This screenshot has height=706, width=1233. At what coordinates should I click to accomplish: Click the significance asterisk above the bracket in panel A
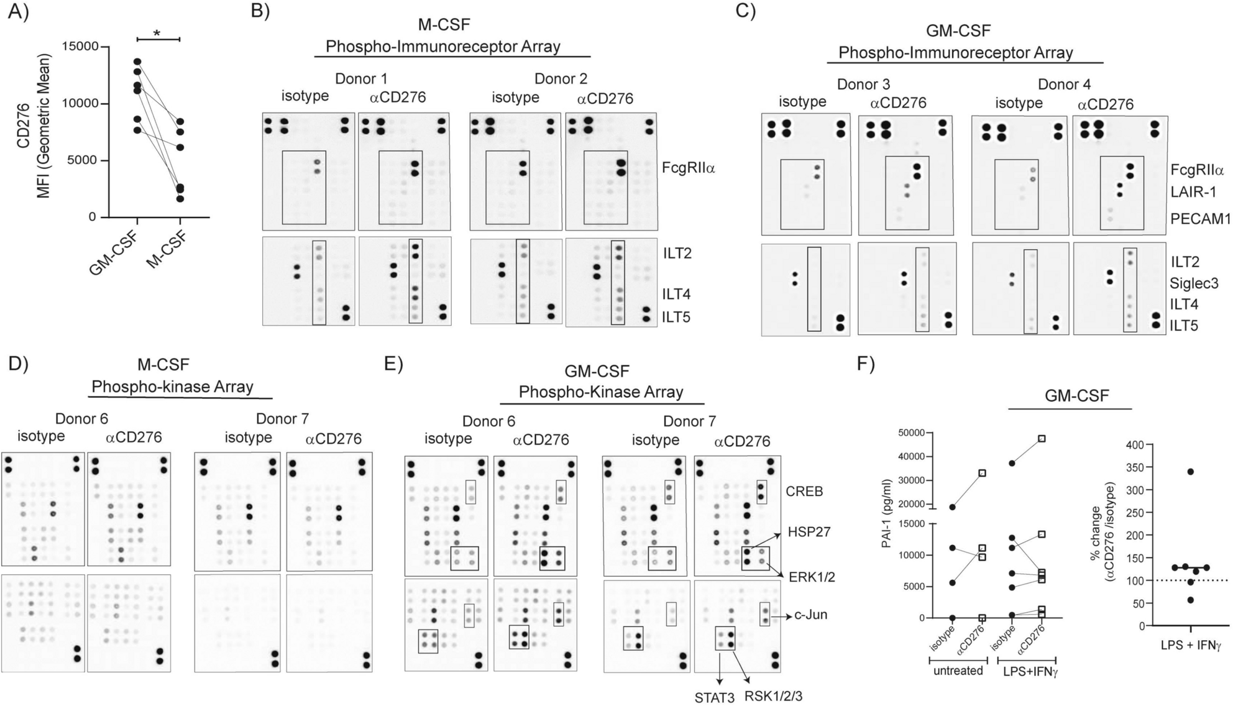click(157, 32)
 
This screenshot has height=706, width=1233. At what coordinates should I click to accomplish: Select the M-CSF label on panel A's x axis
click(167, 250)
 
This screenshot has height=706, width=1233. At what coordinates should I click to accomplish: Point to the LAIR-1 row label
click(1193, 192)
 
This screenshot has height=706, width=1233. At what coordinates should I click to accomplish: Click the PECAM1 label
click(1200, 219)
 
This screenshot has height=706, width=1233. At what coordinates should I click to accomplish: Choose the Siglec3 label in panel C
click(1194, 283)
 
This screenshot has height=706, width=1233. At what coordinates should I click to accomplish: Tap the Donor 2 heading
click(561, 79)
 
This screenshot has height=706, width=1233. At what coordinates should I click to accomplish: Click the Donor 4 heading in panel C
click(1064, 84)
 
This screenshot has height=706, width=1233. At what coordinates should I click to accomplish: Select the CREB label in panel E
click(805, 491)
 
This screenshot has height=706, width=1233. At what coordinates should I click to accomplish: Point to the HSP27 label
click(809, 532)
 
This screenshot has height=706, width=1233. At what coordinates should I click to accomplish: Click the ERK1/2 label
click(812, 577)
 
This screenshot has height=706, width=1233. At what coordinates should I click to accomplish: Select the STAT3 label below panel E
click(715, 697)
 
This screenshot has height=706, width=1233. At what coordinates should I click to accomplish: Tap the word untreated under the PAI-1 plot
click(958, 671)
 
